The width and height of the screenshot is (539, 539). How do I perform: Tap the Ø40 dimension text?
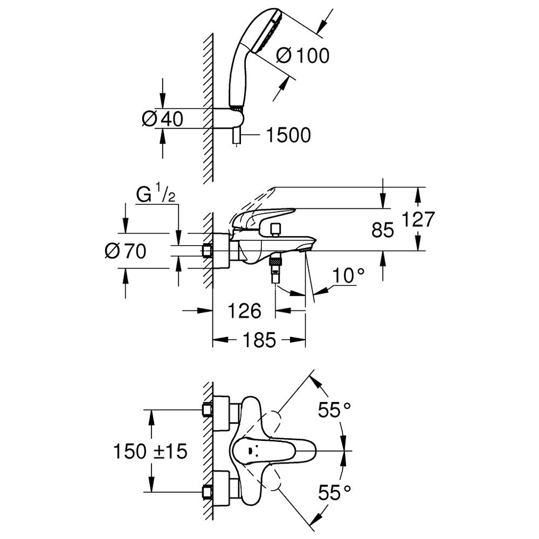162,119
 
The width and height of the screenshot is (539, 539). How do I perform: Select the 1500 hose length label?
288,135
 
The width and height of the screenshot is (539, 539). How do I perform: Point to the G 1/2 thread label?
156,195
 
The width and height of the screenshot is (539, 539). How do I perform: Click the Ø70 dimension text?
126,251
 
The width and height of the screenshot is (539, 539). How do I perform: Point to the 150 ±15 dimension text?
150,451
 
